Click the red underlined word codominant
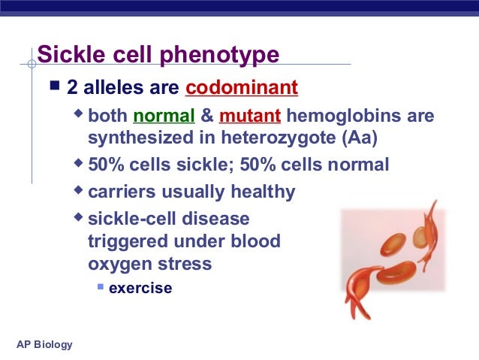pos(242,89)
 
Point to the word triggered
pos(125,242)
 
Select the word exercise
pos(140,288)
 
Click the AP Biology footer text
pos(44,344)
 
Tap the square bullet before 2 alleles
pos(54,88)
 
